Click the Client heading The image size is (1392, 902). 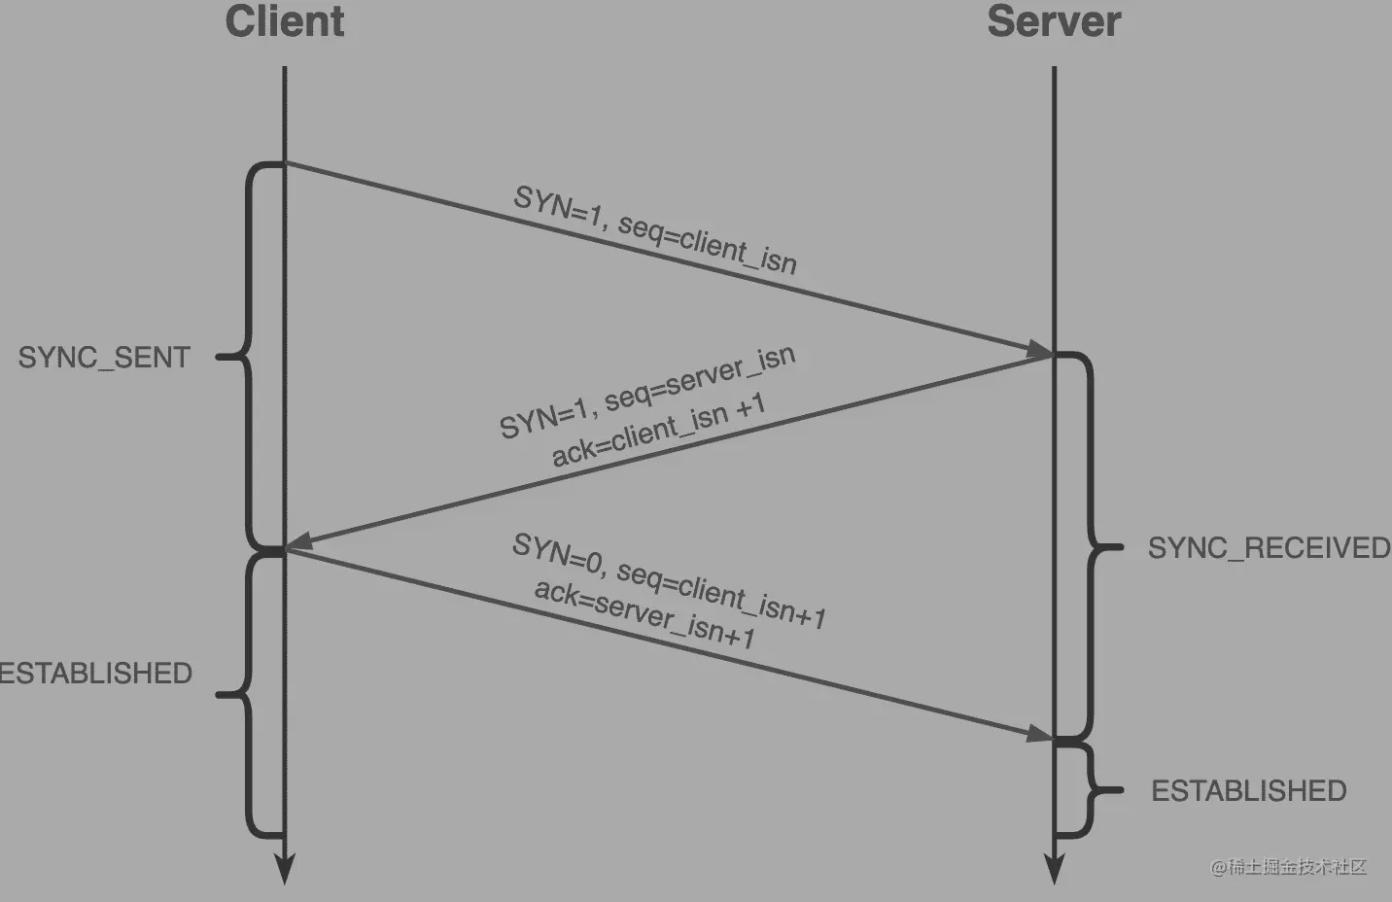pos(285,21)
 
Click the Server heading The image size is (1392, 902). pos(1054,21)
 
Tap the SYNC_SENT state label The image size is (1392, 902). pos(104,358)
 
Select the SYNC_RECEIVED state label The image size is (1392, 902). pos(1269,548)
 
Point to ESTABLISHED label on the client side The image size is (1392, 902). pos(95,674)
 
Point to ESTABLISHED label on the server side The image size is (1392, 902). pos(1249,791)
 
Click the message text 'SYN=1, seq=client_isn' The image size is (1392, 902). pos(655,230)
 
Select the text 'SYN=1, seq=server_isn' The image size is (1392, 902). pos(647,391)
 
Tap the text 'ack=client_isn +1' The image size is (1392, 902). pos(658,430)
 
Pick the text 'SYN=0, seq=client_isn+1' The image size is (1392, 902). pos(670,580)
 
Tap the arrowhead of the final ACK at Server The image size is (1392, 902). pos(1041,735)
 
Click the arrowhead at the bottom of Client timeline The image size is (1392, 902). pos(285,871)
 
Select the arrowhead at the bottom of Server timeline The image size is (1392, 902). pos(1055,871)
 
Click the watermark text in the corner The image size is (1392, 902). pos(1288,867)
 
